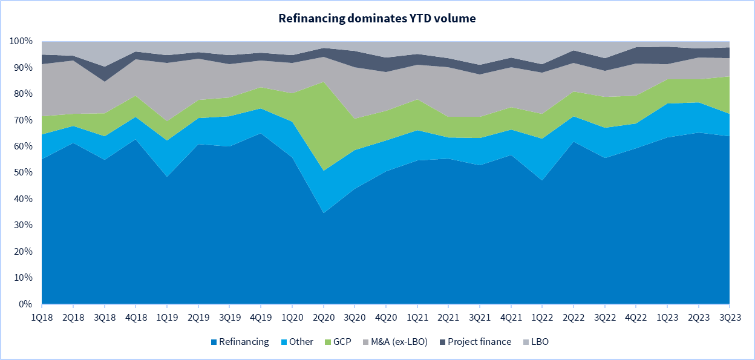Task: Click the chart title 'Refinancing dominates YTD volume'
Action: pyautogui.click(x=377, y=18)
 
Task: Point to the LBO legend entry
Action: pyautogui.click(x=538, y=342)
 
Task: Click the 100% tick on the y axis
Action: pyautogui.click(x=22, y=42)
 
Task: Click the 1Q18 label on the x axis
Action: pyautogui.click(x=42, y=315)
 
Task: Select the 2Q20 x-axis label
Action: pyautogui.click(x=323, y=315)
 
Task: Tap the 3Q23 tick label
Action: pyautogui.click(x=728, y=315)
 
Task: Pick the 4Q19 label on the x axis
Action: pyautogui.click(x=261, y=315)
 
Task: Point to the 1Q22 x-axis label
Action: pyautogui.click(x=542, y=315)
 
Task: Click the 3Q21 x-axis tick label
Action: pyautogui.click(x=480, y=315)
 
